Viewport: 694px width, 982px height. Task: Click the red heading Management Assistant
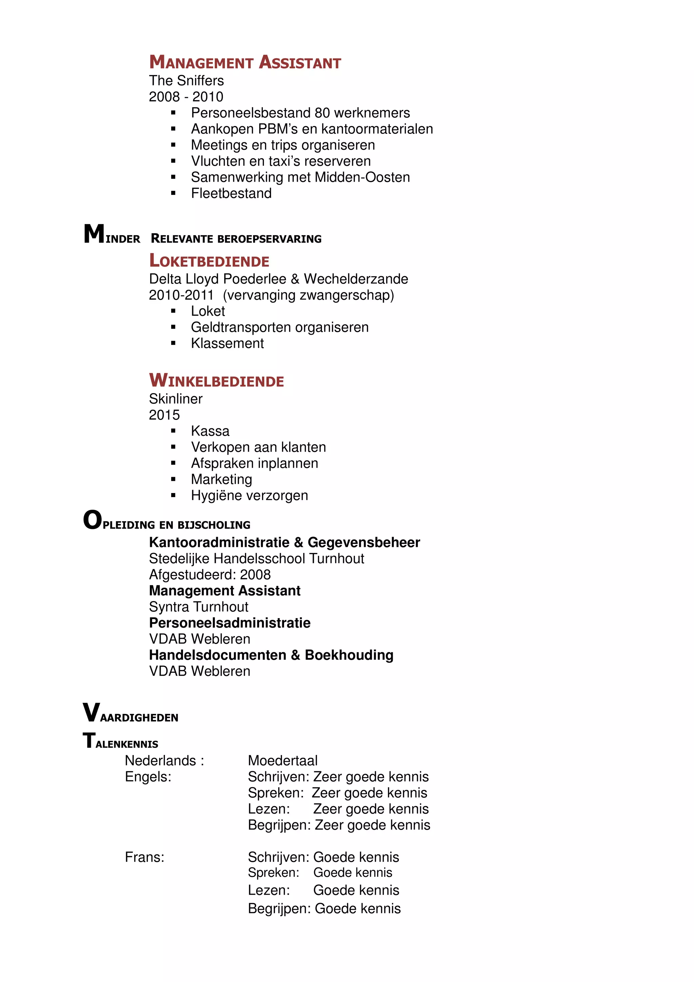(245, 62)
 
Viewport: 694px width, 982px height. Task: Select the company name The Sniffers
(186, 80)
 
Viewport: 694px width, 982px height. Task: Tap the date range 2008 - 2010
(186, 97)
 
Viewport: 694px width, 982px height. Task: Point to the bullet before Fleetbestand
(173, 193)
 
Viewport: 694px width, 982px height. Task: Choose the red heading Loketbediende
(209, 261)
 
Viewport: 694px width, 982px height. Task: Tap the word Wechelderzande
(356, 279)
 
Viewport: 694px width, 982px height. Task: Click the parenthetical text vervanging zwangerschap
(308, 295)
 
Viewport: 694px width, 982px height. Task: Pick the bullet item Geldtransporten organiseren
(279, 327)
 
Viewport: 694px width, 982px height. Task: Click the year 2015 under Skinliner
(164, 415)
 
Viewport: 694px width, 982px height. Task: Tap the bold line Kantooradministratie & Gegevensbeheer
(284, 542)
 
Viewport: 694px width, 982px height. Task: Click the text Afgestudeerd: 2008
(209, 574)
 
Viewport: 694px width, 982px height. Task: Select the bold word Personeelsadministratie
(230, 623)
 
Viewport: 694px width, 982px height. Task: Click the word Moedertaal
(282, 760)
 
